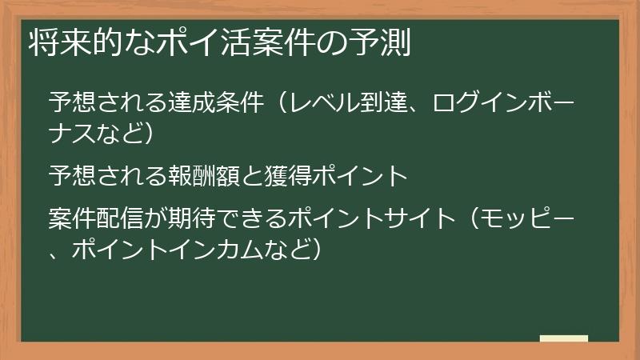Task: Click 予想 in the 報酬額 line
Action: [x=69, y=174]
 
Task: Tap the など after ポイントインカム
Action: [x=284, y=248]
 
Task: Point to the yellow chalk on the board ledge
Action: [x=563, y=338]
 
